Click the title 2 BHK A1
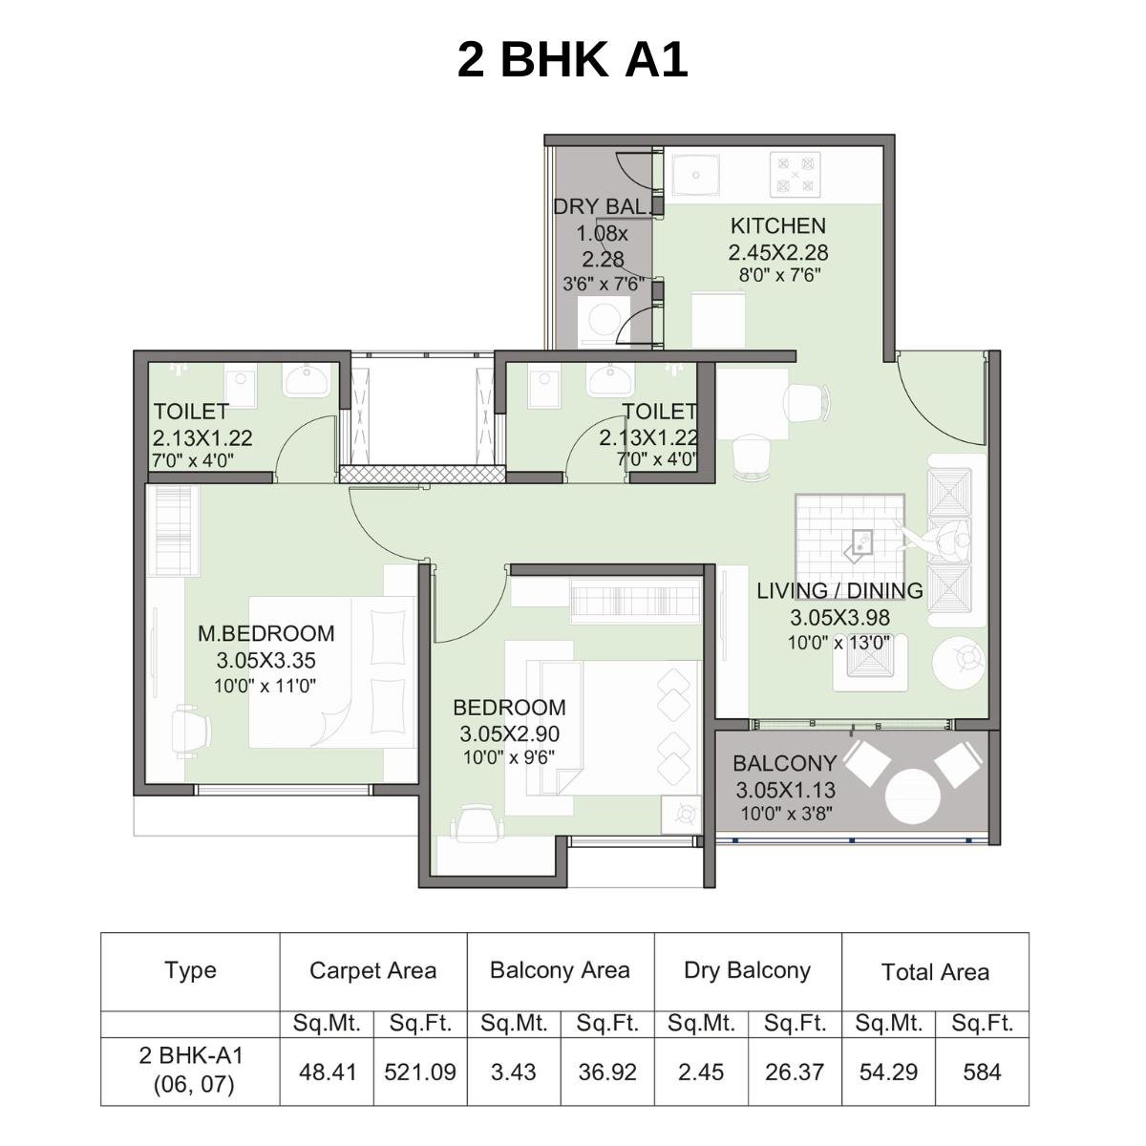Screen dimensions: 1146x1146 click(572, 59)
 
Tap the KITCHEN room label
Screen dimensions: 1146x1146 click(777, 226)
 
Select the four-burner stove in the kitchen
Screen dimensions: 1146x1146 click(795, 175)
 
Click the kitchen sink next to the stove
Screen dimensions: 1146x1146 click(697, 176)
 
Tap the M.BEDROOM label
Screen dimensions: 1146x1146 click(265, 633)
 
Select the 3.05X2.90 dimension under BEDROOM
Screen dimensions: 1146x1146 click(509, 734)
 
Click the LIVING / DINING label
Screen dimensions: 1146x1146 click(839, 591)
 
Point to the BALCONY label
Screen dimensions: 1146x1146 click(784, 764)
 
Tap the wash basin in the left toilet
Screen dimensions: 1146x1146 click(306, 381)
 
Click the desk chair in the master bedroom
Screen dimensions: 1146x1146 click(190, 731)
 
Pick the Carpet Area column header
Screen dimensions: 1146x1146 click(372, 971)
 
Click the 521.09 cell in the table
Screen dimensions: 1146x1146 click(419, 1072)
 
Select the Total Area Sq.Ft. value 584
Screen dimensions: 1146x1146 click(981, 1072)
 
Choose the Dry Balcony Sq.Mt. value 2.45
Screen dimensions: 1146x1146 click(700, 1072)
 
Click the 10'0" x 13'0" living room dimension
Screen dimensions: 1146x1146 click(838, 643)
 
